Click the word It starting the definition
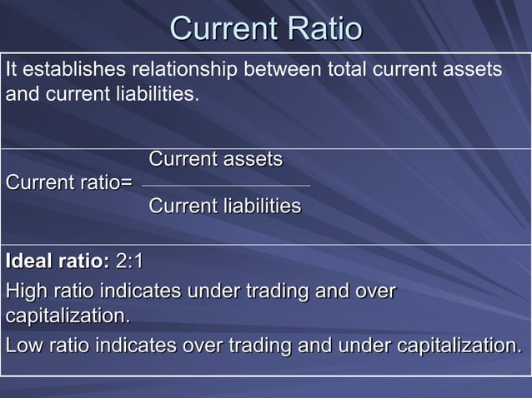12,71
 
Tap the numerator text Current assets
216,159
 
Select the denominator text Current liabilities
225,206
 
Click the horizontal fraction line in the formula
225,185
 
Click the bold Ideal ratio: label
57,262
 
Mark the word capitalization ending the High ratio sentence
68,317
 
